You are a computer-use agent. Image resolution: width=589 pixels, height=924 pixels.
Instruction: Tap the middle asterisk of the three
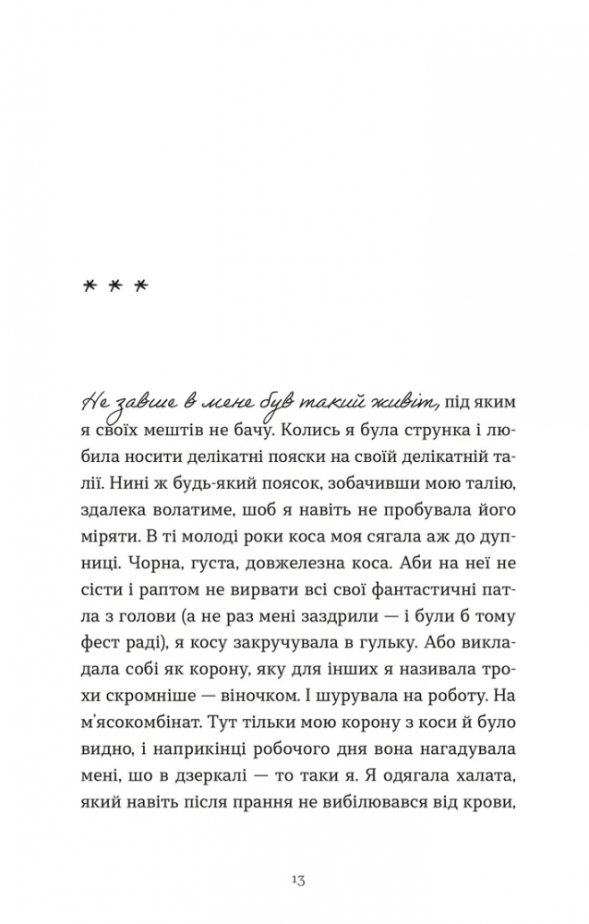click(x=116, y=287)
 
